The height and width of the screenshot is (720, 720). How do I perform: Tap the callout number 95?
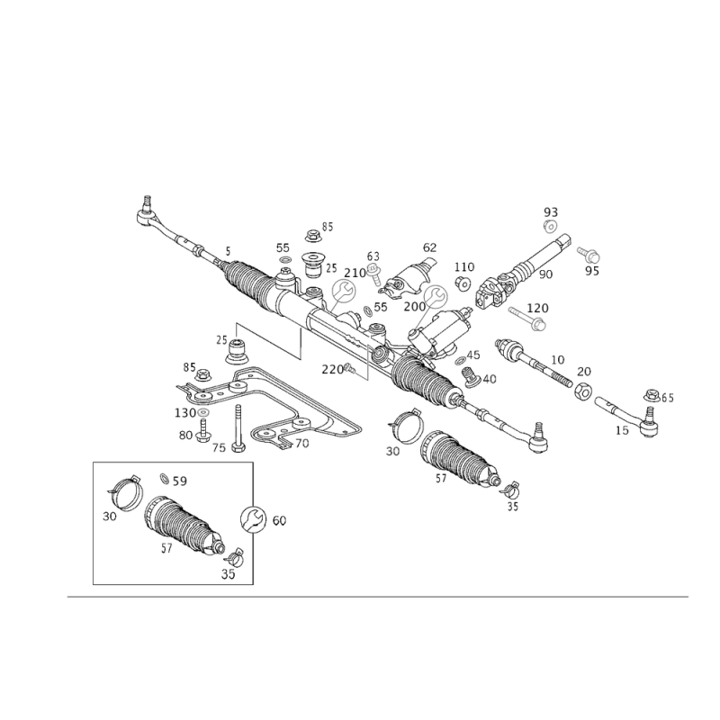591,269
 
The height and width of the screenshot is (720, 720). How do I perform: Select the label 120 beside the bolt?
538,307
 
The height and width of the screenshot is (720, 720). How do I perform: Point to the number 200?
415,307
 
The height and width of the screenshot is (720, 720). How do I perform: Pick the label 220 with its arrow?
334,368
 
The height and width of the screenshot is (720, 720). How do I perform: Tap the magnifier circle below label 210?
344,292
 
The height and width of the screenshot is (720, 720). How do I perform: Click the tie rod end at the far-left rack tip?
147,212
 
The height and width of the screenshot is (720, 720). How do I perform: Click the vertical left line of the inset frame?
94,522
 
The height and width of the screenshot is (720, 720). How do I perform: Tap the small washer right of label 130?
205,413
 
